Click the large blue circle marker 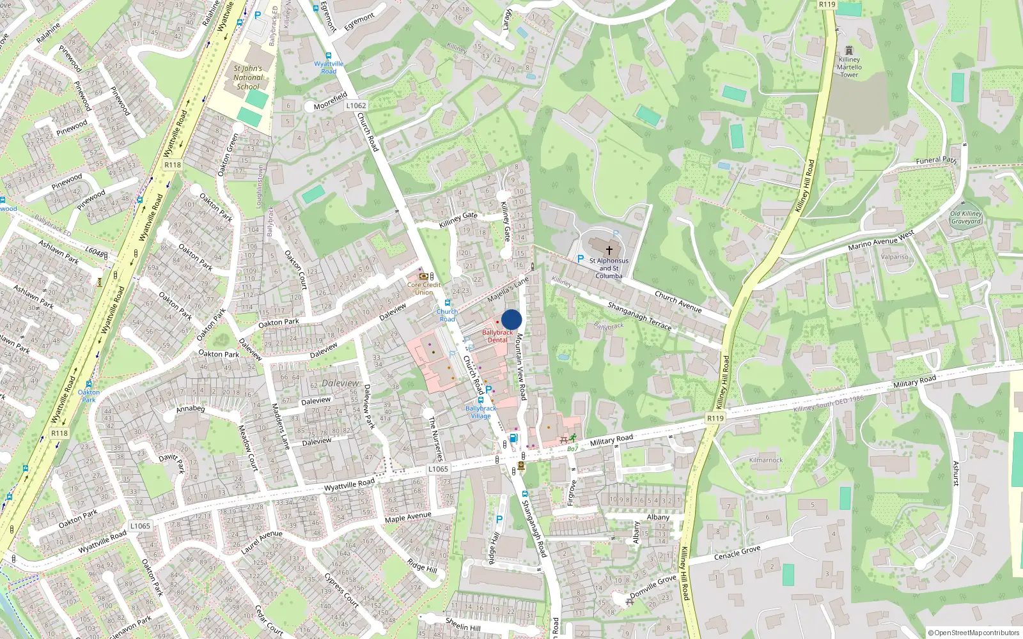pyautogui.click(x=511, y=319)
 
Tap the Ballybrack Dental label pyautogui.click(x=497, y=336)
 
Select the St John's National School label pyautogui.click(x=248, y=77)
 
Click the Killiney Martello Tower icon pyautogui.click(x=849, y=50)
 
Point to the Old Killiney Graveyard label pyautogui.click(x=965, y=217)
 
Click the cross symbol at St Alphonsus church pyautogui.click(x=609, y=250)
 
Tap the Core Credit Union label pyautogui.click(x=424, y=288)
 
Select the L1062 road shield pyautogui.click(x=356, y=105)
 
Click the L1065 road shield pyautogui.click(x=438, y=469)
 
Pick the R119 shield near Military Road pyautogui.click(x=715, y=418)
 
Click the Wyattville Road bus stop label pyautogui.click(x=329, y=67)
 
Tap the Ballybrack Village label pyautogui.click(x=481, y=412)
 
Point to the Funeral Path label pyautogui.click(x=936, y=160)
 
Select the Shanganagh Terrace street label pyautogui.click(x=639, y=316)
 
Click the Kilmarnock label pyautogui.click(x=766, y=460)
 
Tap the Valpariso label pyautogui.click(x=894, y=257)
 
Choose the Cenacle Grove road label pyautogui.click(x=737, y=553)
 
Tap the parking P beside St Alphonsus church pyautogui.click(x=580, y=259)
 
